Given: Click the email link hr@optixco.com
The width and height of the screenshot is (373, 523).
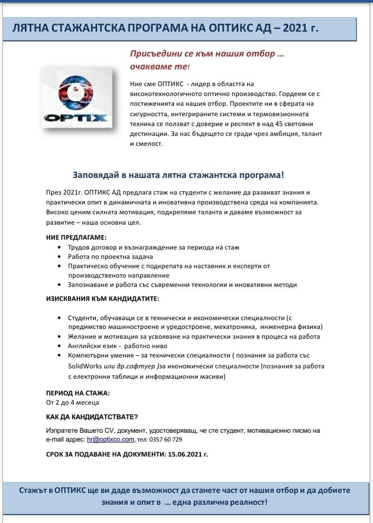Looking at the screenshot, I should (110, 439).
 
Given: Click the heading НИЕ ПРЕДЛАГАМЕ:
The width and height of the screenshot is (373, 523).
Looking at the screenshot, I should (76, 237).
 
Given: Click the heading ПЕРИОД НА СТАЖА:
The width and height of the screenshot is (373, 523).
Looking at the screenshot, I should (78, 393).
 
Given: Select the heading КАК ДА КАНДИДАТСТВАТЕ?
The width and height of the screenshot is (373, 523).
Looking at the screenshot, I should (92, 417).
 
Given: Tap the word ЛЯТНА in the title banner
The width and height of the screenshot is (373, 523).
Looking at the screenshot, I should (30, 28).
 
